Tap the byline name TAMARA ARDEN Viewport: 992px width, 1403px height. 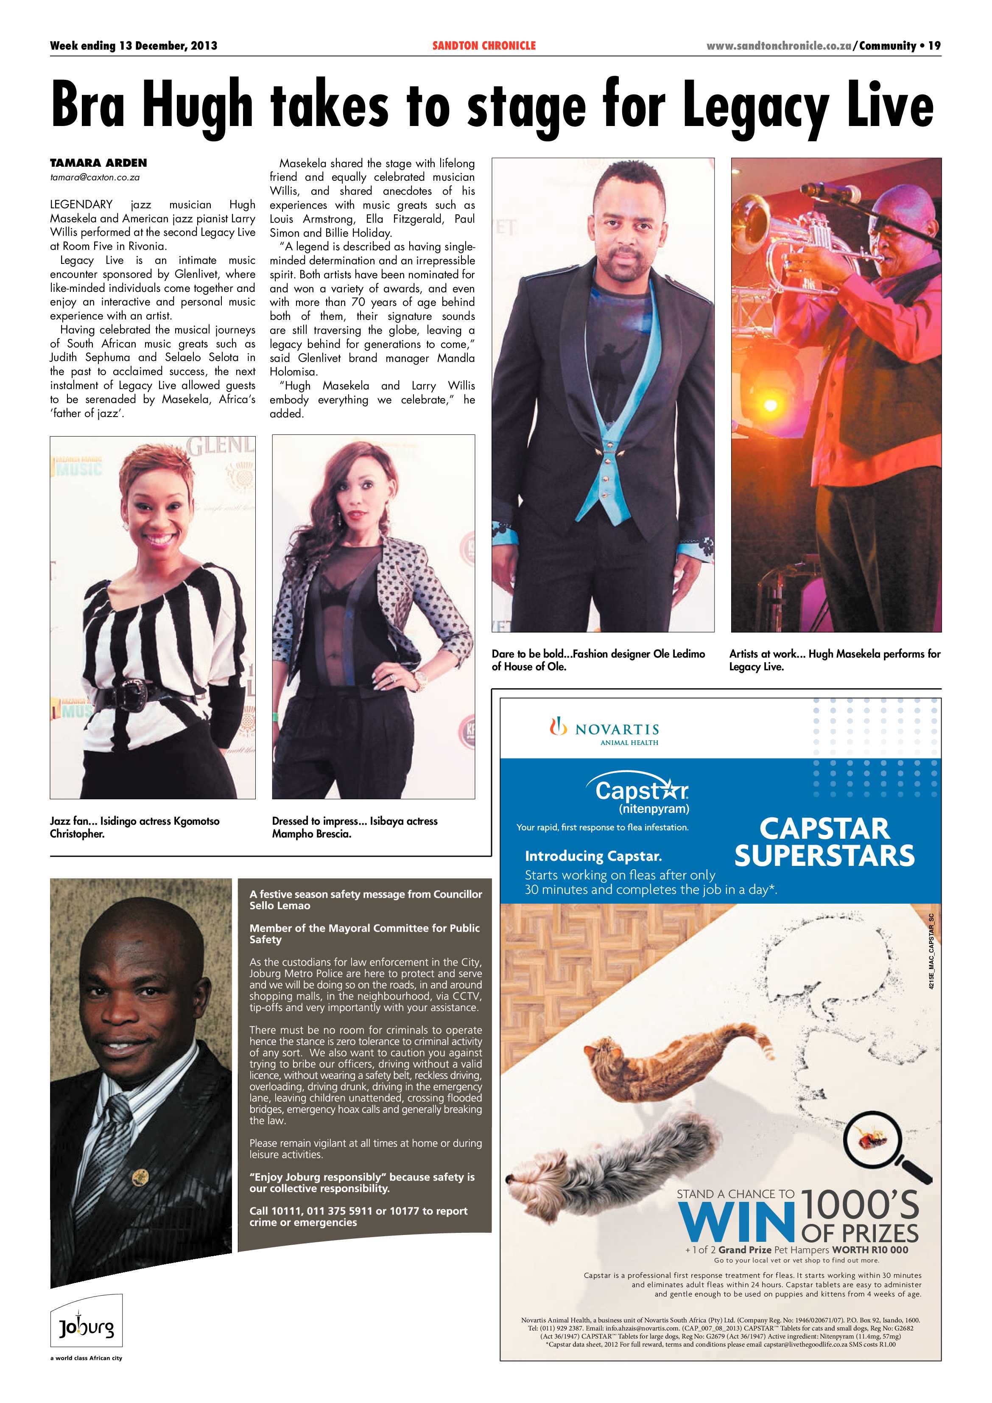(x=98, y=163)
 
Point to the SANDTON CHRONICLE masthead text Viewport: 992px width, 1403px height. (x=484, y=46)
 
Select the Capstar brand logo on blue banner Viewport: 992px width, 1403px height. (x=641, y=791)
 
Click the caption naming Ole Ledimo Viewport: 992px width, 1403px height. (x=598, y=660)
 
